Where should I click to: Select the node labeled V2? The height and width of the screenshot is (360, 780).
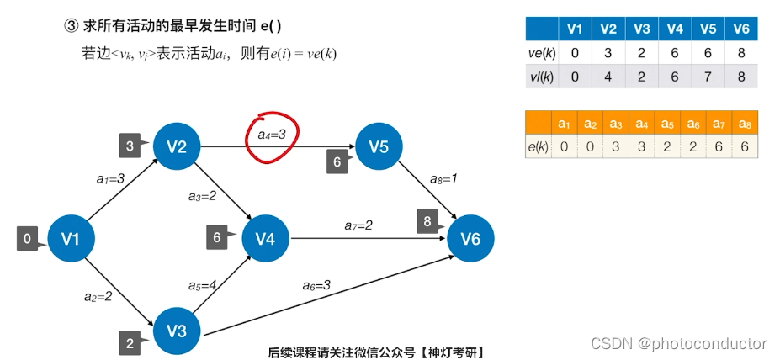(x=176, y=147)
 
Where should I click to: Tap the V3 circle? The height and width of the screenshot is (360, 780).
(x=176, y=331)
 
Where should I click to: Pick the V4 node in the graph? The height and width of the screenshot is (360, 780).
(x=265, y=239)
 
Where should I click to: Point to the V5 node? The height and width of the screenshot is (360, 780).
(x=379, y=147)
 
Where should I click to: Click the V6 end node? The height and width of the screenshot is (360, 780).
(x=470, y=240)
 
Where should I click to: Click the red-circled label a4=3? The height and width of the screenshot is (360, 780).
(x=272, y=134)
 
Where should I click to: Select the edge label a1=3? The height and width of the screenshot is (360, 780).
(x=110, y=178)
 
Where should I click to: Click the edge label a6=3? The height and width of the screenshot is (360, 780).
(x=316, y=285)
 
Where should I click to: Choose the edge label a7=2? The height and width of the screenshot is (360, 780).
(x=358, y=225)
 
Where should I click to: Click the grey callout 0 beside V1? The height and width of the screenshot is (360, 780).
(x=29, y=240)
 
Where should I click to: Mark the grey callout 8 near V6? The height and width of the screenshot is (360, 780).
(x=428, y=223)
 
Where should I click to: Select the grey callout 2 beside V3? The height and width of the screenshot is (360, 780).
(x=130, y=342)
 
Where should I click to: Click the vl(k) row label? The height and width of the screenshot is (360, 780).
(x=541, y=76)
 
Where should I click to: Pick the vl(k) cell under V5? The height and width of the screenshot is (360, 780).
(x=708, y=76)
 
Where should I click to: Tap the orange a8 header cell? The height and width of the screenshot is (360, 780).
(x=744, y=124)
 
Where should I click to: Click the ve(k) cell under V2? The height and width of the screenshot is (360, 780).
(x=608, y=52)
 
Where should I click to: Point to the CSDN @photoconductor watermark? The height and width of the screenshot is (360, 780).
(x=678, y=343)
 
